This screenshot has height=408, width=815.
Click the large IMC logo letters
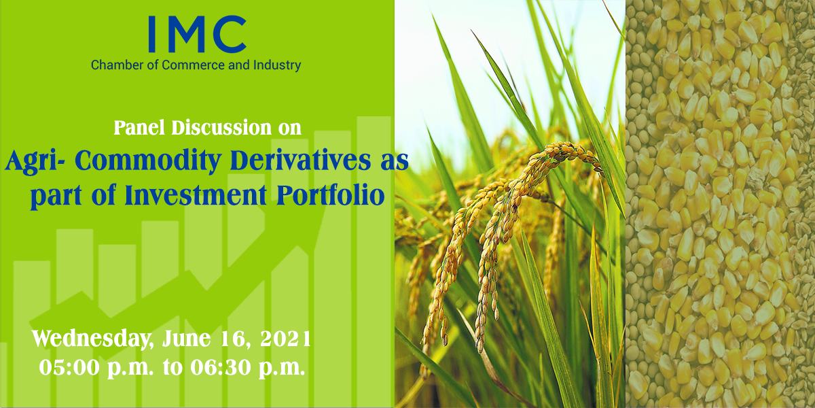[198, 34]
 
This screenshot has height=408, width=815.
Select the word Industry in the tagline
[277, 66]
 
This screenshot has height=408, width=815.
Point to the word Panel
[139, 128]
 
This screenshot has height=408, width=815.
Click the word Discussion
[221, 128]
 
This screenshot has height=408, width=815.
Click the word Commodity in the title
[149, 161]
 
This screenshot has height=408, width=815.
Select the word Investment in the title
[196, 195]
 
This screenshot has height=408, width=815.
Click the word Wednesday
[91, 339]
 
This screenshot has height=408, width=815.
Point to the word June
[186, 339]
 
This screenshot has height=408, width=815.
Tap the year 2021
[285, 339]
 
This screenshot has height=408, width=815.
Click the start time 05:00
[69, 368]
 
